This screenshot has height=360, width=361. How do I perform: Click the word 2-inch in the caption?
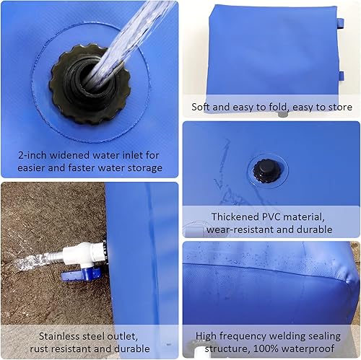coord(38,154)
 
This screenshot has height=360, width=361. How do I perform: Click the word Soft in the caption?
coord(202,107)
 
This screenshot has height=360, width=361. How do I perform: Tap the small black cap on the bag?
coord(262,171)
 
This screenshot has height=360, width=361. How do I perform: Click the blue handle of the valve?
coord(87,274)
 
